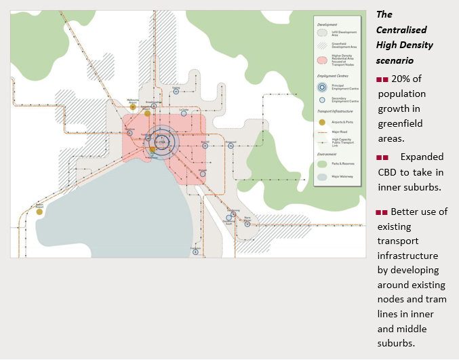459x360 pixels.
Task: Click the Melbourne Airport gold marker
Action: click(x=133, y=106)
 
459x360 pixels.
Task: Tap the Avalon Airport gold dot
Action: click(x=39, y=212)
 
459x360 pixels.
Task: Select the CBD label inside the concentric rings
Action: click(x=161, y=141)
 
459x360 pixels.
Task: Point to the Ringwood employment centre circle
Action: click(x=231, y=145)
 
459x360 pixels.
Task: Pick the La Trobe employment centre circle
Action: click(x=184, y=113)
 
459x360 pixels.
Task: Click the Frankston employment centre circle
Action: click(x=195, y=252)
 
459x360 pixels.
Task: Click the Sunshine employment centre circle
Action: click(x=130, y=133)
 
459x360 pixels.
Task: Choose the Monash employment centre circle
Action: click(x=203, y=174)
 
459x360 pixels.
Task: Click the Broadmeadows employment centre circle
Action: click(x=155, y=106)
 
